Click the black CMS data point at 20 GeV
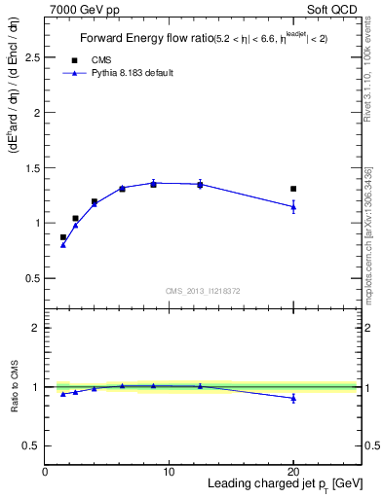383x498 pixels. click(293, 189)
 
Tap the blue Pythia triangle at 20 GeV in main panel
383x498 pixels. click(293, 206)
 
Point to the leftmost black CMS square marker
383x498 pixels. click(63, 237)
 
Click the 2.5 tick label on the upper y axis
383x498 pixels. click(32, 57)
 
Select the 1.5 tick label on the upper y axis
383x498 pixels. click(32, 168)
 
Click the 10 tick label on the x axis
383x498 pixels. click(169, 472)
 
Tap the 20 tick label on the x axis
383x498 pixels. click(293, 472)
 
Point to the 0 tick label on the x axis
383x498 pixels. click(45, 472)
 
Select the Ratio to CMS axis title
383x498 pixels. click(15, 387)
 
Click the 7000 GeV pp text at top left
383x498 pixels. click(80, 9)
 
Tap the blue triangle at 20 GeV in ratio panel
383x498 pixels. click(293, 398)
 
